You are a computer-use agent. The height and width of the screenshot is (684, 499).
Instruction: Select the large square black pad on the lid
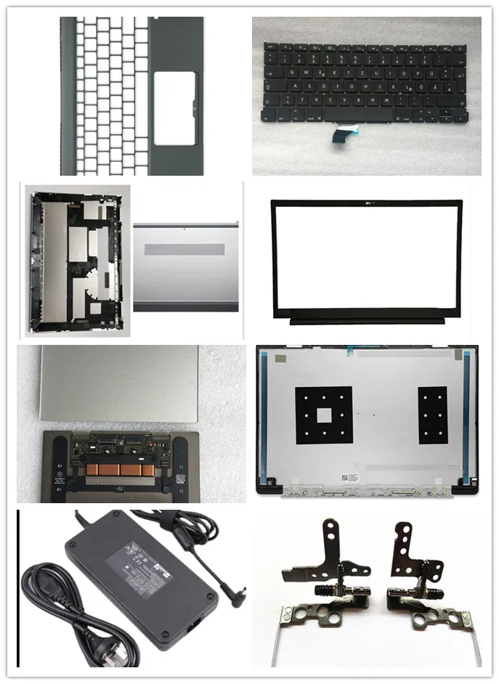click(323, 415)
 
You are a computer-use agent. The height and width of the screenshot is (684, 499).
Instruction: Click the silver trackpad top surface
click(116, 383)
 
